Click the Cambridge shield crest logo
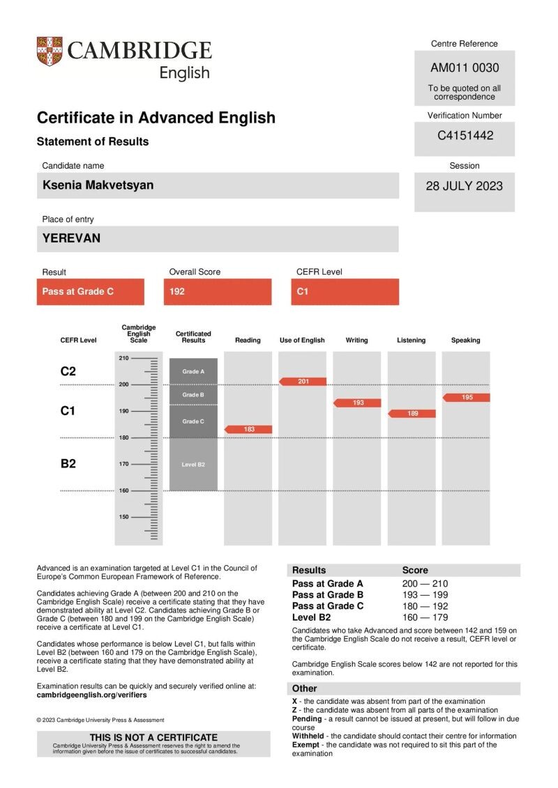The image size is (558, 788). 50,52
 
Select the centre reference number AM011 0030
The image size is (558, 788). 465,68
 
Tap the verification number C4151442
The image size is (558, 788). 465,135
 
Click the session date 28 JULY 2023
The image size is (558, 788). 465,186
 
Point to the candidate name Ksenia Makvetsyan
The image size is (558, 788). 98,185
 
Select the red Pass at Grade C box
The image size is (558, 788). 90,291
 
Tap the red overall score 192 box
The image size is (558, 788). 217,291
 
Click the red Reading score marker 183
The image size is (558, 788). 248,429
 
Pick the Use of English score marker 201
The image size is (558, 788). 303,381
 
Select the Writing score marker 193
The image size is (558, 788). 357,403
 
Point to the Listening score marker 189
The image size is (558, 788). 412,413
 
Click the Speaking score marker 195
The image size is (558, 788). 467,397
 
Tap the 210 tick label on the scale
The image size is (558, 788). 123,358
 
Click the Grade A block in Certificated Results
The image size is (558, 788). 193,371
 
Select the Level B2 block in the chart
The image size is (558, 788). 193,464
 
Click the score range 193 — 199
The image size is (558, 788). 425,595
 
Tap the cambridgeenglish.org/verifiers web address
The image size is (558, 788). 91,695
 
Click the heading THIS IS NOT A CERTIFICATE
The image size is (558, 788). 153,737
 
